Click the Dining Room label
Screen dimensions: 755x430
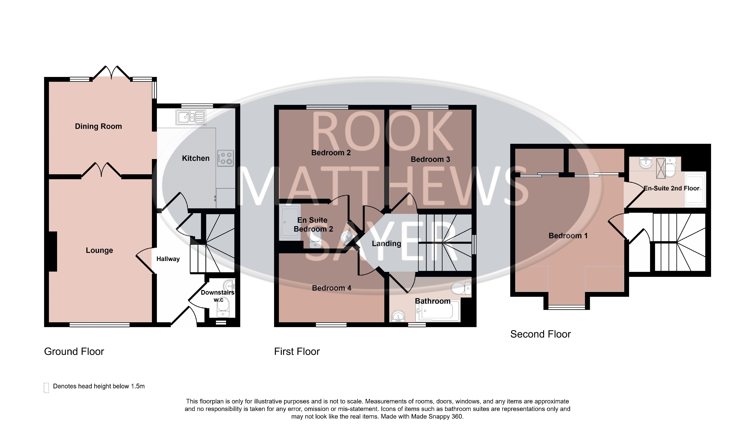98,126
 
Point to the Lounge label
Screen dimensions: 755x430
99,250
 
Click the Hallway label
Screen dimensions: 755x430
168,259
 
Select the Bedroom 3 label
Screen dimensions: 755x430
430,159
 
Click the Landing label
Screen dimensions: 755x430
386,244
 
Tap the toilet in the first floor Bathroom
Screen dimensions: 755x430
461,288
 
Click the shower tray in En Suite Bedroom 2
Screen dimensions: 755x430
290,222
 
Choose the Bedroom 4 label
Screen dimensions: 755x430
332,288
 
